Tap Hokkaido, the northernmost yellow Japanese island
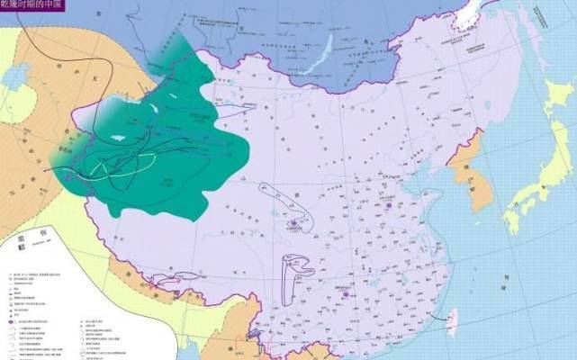(x=554, y=99)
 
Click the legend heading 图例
(x=16, y=231)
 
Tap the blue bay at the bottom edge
(x=270, y=355)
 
